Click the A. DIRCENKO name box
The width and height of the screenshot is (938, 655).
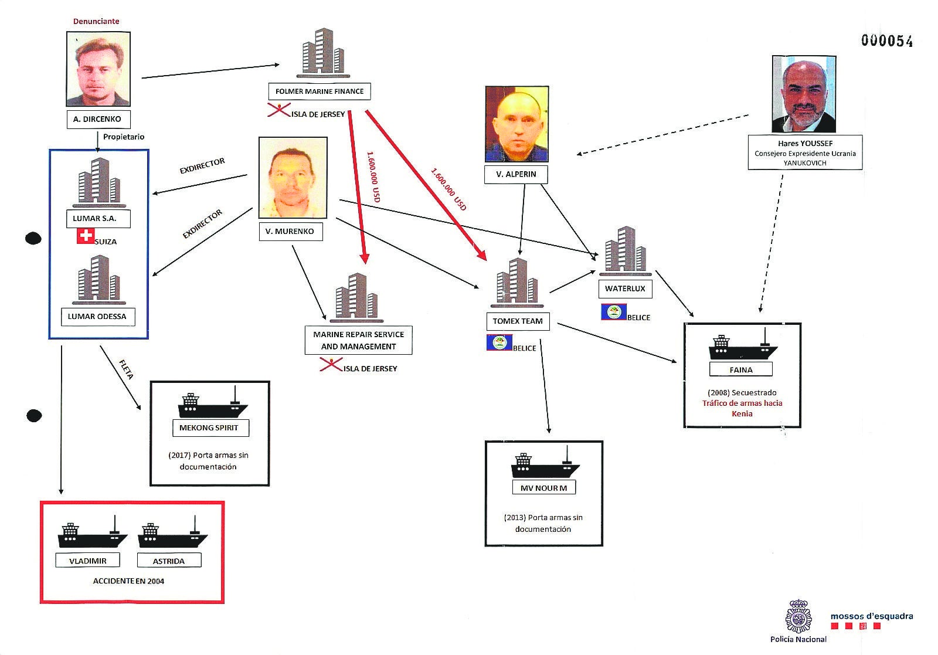click(98, 119)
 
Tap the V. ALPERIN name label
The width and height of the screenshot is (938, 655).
click(516, 174)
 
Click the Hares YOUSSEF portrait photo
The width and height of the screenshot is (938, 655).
click(804, 94)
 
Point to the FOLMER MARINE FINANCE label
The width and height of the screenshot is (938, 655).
click(320, 91)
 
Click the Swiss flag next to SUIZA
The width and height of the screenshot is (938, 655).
click(86, 236)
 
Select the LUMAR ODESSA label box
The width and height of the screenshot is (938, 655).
click(97, 317)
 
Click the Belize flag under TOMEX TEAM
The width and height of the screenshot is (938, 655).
click(499, 342)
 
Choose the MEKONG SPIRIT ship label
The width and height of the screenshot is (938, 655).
click(209, 428)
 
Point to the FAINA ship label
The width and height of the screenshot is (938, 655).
click(741, 370)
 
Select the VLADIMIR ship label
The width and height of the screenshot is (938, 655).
click(88, 561)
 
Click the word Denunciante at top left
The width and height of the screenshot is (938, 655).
click(96, 21)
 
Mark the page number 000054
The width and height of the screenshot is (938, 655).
click(886, 40)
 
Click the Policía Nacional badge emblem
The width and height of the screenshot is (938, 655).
click(798, 616)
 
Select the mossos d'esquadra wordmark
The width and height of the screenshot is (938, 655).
click(871, 616)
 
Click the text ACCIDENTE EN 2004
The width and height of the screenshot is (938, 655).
click(129, 581)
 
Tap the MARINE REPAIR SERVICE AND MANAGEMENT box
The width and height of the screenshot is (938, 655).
click(358, 340)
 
